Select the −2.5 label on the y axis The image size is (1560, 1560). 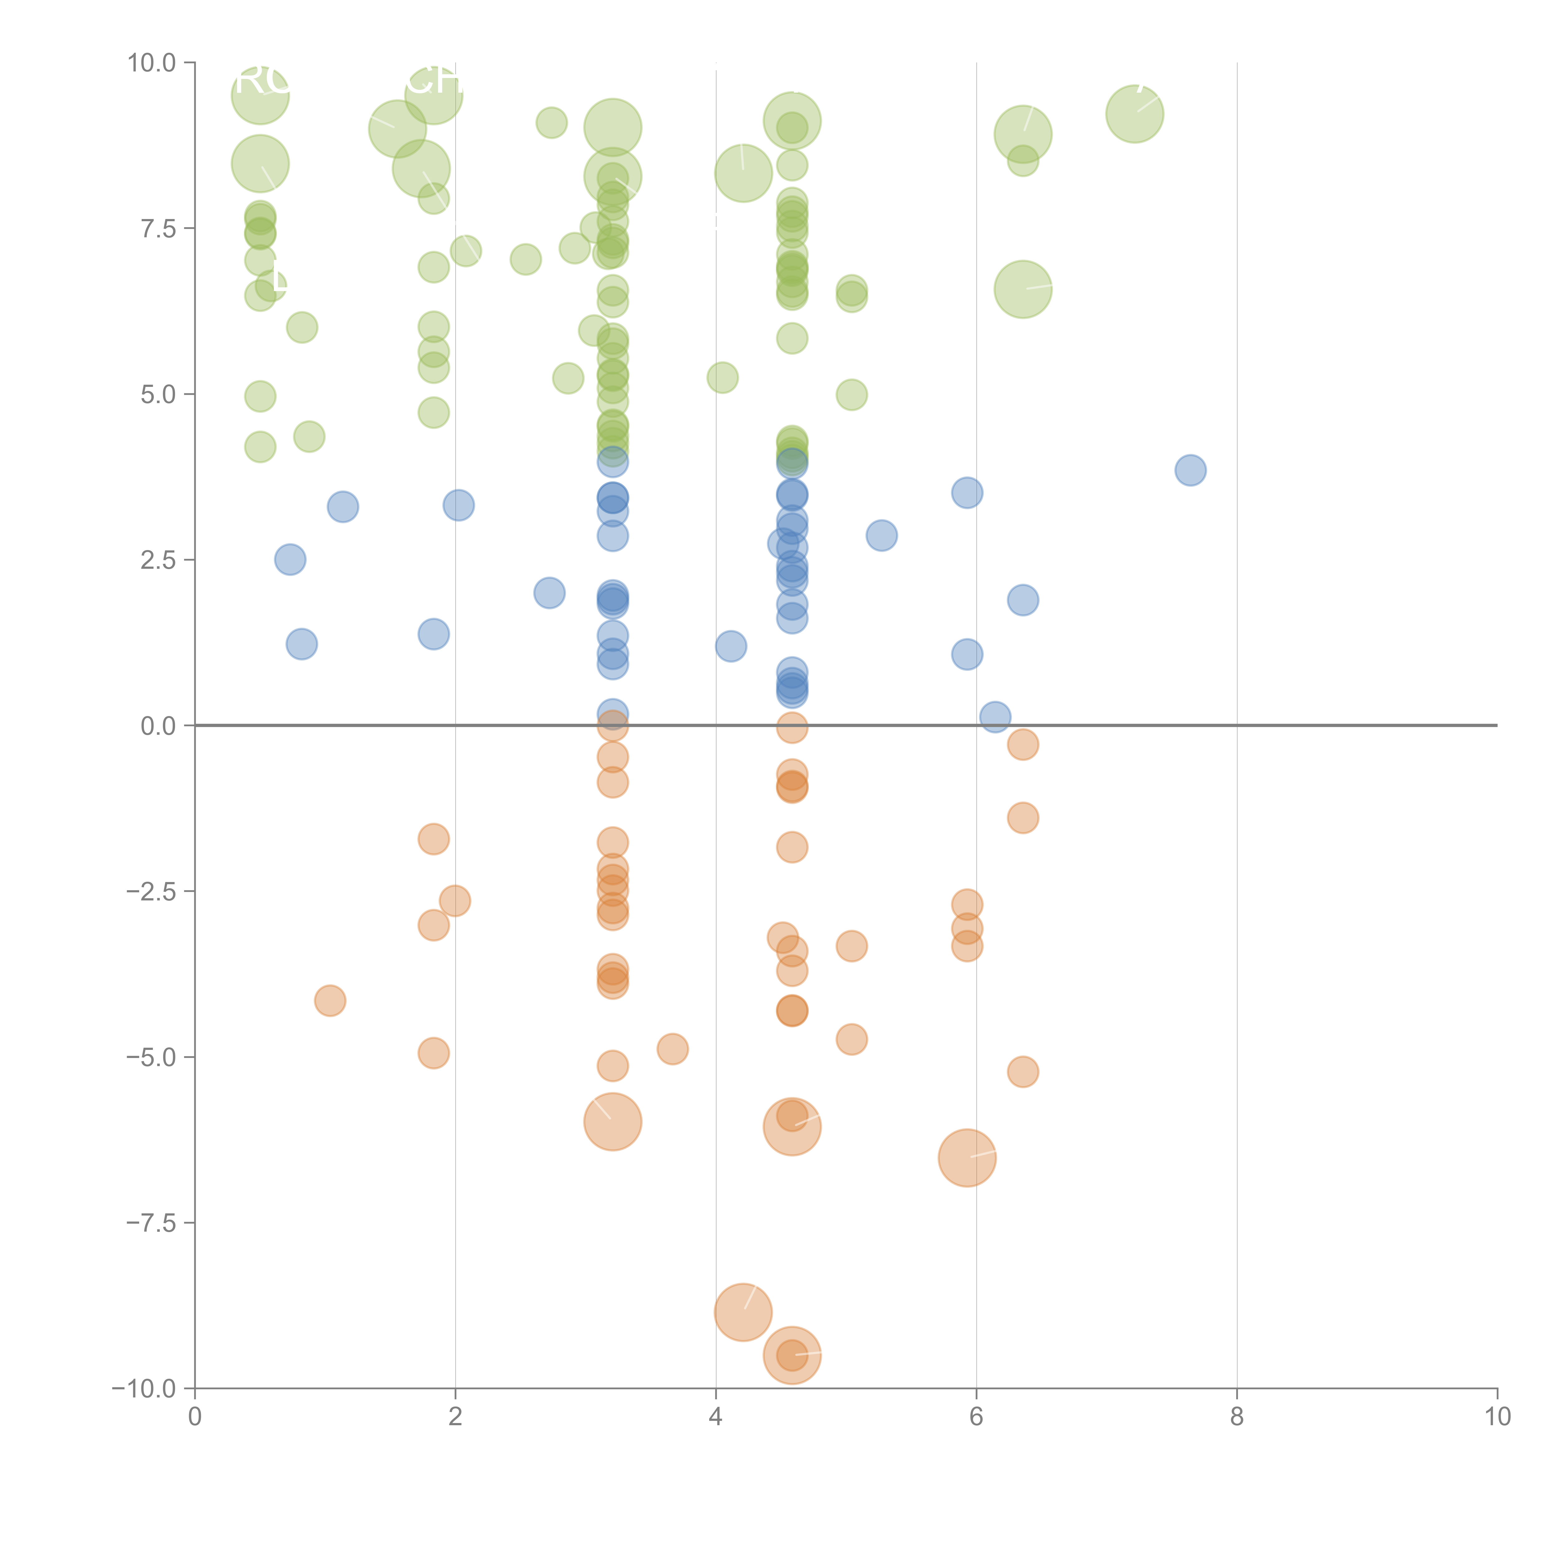pyautogui.click(x=150, y=891)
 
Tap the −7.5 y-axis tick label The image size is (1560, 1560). pyautogui.click(x=150, y=1222)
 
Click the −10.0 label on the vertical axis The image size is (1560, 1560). pyautogui.click(x=144, y=1389)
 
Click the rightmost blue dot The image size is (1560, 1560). pyautogui.click(x=1190, y=470)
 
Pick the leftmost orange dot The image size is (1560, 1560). pyautogui.click(x=330, y=1001)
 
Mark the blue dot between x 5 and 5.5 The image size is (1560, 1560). pyautogui.click(x=882, y=534)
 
